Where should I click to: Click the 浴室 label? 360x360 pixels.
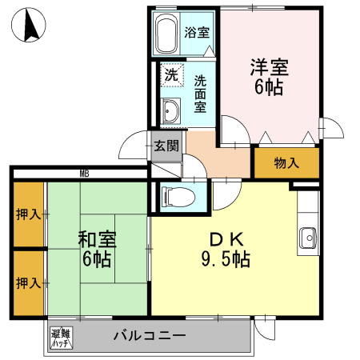(x=197, y=33)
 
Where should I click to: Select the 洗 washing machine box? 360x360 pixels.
(x=171, y=76)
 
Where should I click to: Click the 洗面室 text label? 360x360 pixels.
(x=200, y=94)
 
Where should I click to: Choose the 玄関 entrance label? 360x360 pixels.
(x=166, y=146)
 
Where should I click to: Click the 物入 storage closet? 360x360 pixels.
(x=286, y=163)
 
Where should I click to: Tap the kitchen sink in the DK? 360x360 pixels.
(x=307, y=238)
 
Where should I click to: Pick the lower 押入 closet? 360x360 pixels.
(x=27, y=283)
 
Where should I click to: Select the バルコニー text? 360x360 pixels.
(x=150, y=336)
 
